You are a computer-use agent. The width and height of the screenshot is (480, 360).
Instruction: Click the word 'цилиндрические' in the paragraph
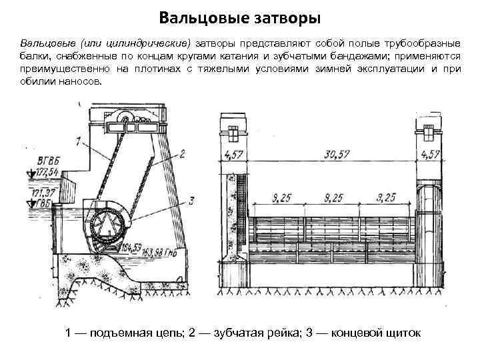156,42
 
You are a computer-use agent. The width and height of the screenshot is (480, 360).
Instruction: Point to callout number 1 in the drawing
78,141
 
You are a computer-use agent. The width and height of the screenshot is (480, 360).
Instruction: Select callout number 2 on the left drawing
181,154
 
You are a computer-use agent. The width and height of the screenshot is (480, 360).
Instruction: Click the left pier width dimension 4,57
234,155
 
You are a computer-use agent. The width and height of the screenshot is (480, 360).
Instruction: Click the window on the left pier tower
234,134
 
